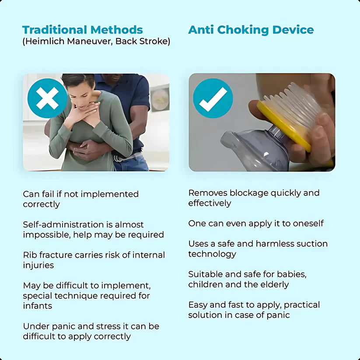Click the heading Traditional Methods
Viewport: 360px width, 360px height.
82,30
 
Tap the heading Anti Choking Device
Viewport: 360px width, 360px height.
251,30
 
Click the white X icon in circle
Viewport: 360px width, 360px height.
47,98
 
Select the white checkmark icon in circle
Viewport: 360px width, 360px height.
213,98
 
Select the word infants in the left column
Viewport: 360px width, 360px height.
38,306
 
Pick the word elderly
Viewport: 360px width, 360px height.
275,284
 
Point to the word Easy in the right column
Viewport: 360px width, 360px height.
197,305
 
